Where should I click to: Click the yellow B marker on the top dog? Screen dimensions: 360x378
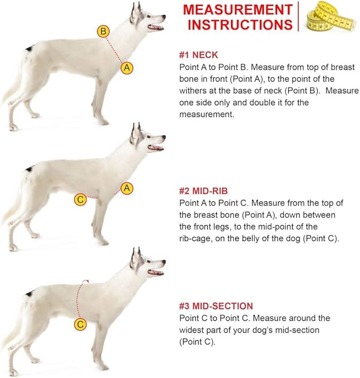[103, 31]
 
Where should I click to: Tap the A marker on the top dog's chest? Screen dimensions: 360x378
[127, 68]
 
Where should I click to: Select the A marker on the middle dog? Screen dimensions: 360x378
[127, 188]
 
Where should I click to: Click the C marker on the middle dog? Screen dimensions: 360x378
[80, 200]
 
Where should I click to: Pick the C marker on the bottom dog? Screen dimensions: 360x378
[80, 324]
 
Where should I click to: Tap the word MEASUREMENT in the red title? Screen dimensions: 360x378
[238, 10]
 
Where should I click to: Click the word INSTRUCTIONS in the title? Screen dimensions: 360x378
[240, 25]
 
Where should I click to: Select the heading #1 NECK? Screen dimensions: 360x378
[198, 55]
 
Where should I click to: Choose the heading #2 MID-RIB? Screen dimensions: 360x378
[203, 191]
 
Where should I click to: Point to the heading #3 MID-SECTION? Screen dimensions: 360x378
[216, 306]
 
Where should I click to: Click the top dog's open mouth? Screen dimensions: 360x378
[155, 27]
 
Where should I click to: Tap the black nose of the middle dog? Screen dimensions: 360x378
[164, 137]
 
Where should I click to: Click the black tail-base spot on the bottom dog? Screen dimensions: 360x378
[29, 294]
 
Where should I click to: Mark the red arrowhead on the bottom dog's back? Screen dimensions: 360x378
[86, 281]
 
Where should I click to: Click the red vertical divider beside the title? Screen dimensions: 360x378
[298, 16]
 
